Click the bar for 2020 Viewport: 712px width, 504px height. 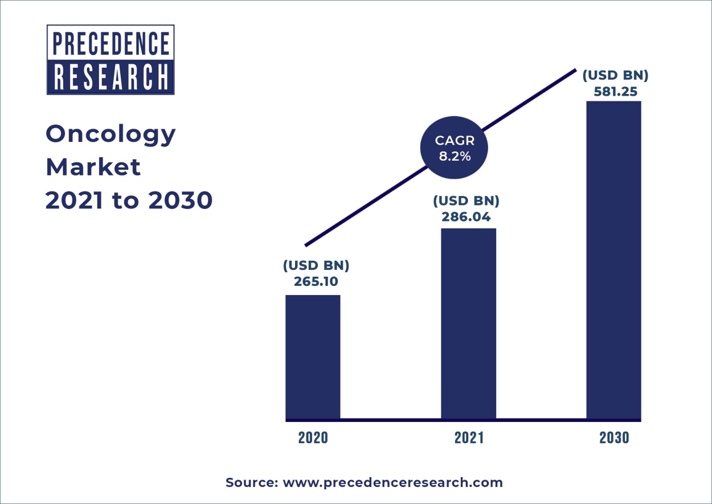pos(313,357)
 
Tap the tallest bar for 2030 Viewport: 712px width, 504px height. pos(613,260)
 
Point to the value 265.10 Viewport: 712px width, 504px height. pos(316,281)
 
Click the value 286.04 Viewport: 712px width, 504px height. pos(466,216)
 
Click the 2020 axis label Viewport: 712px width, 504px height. pos(313,438)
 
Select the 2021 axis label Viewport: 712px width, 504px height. pos(469,438)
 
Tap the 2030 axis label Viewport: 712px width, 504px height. pos(614,438)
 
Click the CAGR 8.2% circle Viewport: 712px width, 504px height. pos(454,149)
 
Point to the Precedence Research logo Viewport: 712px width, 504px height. pos(111,59)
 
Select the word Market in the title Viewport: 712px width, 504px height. pos(93,167)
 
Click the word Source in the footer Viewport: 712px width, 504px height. pos(251,483)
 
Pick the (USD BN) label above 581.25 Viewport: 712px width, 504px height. pos(615,75)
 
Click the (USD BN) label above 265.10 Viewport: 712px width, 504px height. pos(316,266)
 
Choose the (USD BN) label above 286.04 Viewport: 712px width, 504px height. pos(466,201)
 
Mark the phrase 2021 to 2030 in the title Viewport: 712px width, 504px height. pos(129,200)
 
